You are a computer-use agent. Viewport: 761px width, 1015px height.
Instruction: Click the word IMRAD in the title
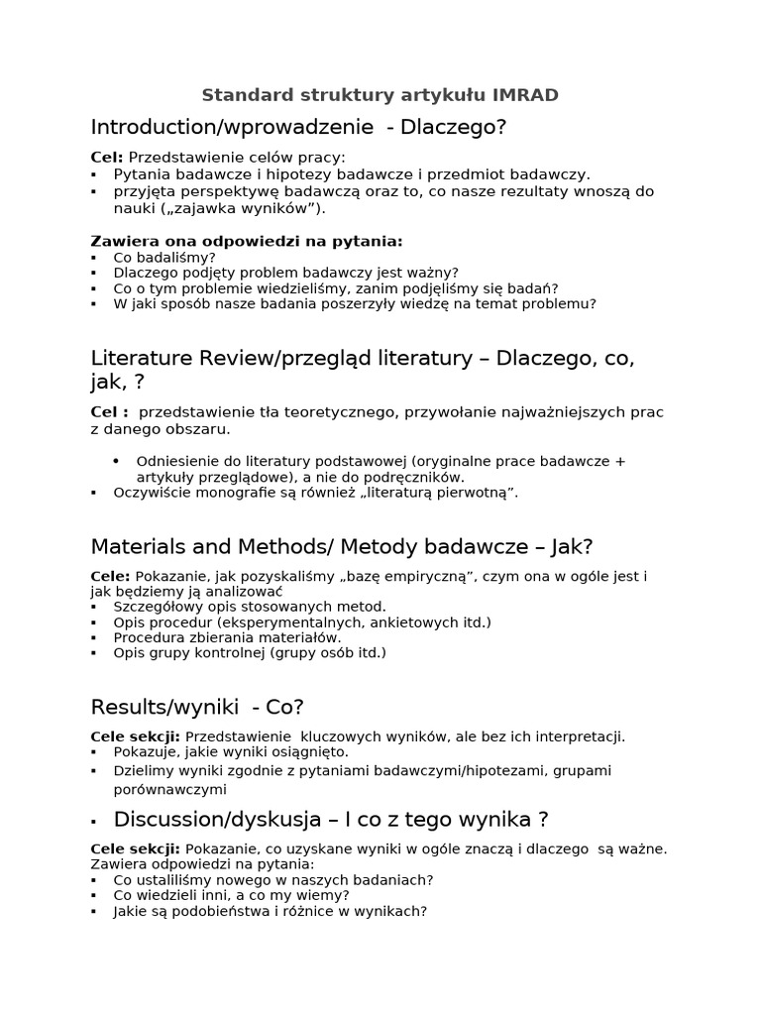click(x=521, y=95)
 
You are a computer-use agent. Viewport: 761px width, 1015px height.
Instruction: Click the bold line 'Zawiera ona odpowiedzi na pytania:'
click(x=247, y=241)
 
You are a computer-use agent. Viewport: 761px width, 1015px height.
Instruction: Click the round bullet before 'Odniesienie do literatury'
click(x=116, y=461)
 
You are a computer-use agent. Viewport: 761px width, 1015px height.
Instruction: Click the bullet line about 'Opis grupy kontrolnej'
click(x=250, y=652)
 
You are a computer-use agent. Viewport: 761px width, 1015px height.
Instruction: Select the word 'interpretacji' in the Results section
click(x=580, y=736)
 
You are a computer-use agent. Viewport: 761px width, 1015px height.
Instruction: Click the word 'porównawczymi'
click(x=169, y=789)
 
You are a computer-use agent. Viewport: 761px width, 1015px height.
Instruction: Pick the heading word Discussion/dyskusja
click(x=217, y=819)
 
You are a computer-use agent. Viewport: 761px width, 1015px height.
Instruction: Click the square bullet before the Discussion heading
click(x=93, y=822)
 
